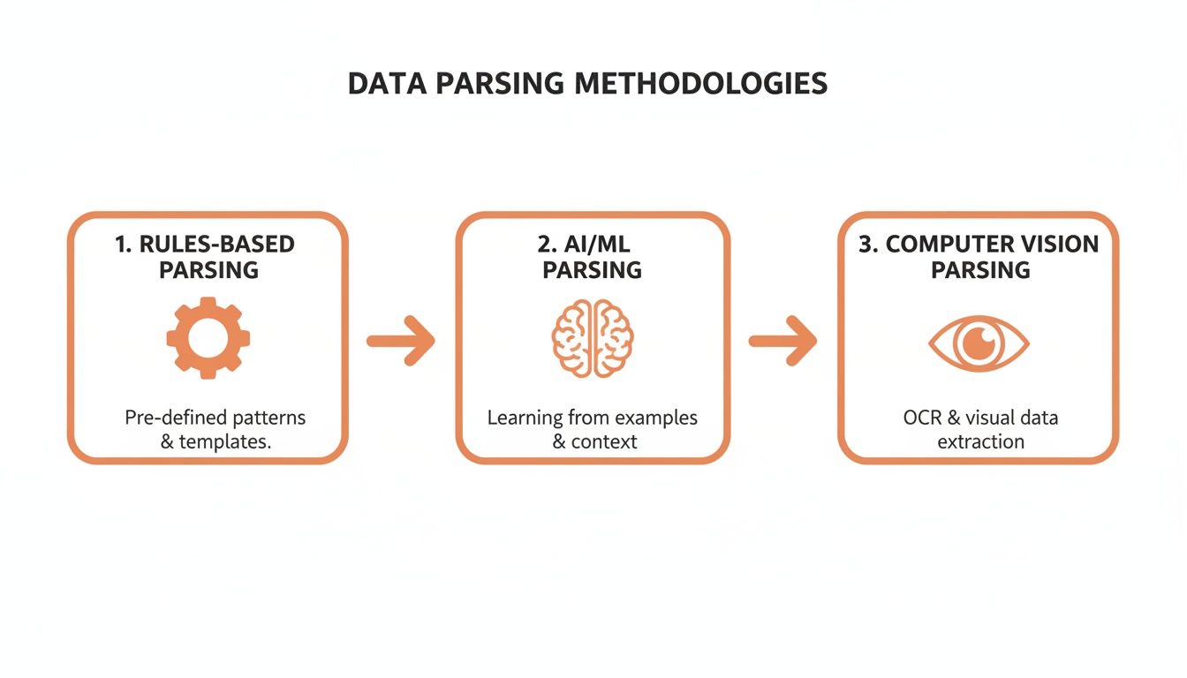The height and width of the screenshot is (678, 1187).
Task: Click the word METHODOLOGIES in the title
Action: [x=700, y=83]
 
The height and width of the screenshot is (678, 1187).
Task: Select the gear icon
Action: [x=208, y=338]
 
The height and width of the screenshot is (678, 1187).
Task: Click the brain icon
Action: [x=593, y=339]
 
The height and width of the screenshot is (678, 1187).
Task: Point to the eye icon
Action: [x=979, y=343]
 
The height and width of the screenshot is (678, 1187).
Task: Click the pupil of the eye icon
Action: [x=979, y=343]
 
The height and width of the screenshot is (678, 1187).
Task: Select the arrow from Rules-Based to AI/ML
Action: [x=402, y=341]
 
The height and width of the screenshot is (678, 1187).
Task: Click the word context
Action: [x=604, y=441]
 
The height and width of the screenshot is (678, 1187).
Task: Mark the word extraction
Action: [x=980, y=441]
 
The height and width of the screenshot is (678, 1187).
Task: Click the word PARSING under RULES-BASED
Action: [x=208, y=270]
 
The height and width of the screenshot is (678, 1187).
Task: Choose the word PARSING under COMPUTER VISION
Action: [x=980, y=270]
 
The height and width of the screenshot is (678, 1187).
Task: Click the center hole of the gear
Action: [x=208, y=338]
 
